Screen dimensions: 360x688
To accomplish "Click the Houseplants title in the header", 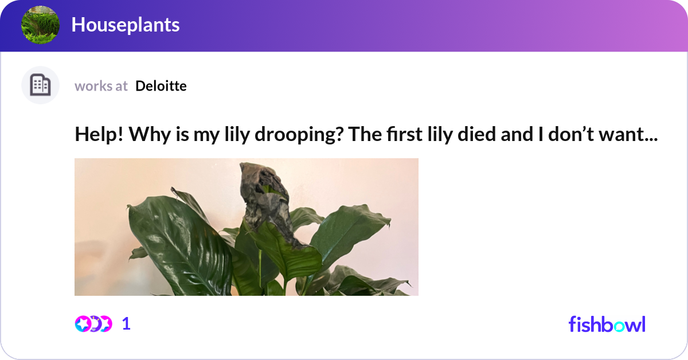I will click(125, 25).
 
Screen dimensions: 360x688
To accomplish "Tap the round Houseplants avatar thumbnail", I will click(40, 25).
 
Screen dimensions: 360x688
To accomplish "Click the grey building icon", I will click(40, 85).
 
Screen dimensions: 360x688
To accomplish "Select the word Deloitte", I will click(161, 86).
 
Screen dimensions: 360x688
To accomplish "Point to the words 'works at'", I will click(101, 86).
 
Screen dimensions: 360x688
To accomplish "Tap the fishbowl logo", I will click(607, 324).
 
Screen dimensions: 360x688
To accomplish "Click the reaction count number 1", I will click(126, 324).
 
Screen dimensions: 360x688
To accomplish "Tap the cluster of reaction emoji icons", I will click(93, 324).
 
